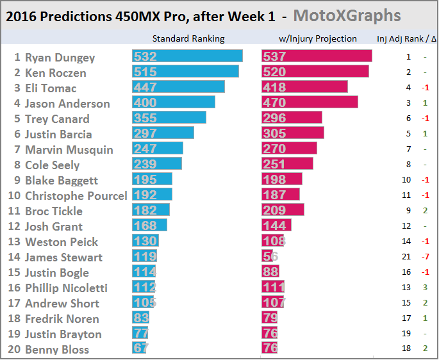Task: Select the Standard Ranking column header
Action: [192, 38]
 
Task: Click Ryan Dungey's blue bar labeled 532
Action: [187, 57]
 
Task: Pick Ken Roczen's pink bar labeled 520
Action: [315, 72]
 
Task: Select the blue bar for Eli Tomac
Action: [178, 88]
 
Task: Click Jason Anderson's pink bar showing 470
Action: [310, 103]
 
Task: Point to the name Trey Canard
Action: [57, 119]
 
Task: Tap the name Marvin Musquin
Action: [69, 149]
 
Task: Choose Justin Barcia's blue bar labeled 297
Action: [163, 134]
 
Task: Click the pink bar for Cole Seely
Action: [287, 165]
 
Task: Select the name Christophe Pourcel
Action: [76, 195]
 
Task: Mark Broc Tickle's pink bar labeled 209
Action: [283, 211]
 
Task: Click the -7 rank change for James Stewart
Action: [425, 257]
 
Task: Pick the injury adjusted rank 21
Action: [408, 257]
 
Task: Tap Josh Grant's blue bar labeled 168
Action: [149, 226]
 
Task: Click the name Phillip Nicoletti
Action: [66, 288]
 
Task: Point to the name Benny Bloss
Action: [57, 349]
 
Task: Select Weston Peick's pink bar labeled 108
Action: [273, 241]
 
